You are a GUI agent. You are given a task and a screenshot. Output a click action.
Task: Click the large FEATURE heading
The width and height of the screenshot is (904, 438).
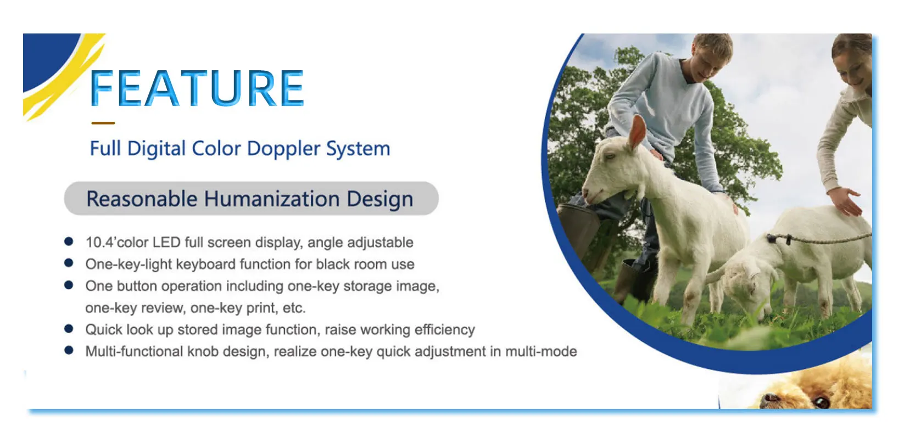197,88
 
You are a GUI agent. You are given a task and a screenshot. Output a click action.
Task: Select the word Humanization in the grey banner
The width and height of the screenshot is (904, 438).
272,199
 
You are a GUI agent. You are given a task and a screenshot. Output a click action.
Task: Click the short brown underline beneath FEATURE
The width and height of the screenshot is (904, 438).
103,123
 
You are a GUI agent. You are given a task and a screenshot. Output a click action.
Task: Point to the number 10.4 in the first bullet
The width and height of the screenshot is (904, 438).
99,243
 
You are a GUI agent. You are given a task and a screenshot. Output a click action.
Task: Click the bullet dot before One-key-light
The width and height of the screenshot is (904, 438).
69,263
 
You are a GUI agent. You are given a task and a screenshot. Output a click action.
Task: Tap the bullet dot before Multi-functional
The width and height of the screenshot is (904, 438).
69,350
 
